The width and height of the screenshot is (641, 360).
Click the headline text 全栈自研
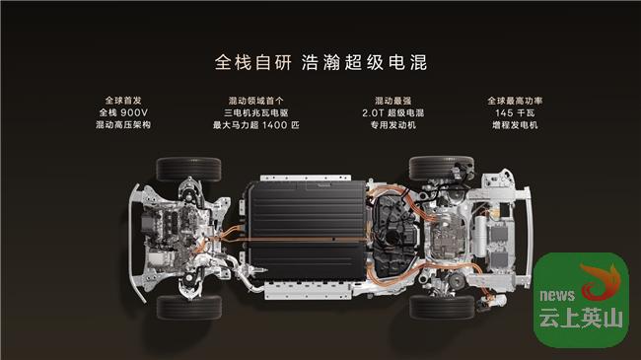point(253,62)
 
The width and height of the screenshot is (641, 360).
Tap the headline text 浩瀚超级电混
point(364,62)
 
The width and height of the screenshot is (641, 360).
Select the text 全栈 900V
point(123,112)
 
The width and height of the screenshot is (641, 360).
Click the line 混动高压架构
point(123,125)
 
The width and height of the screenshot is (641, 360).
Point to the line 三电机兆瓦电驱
point(256,112)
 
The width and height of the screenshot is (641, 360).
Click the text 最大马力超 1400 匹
point(256,125)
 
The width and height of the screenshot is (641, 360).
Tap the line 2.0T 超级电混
point(392,112)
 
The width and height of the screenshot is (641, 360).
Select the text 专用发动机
point(392,125)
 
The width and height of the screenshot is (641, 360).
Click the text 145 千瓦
point(515,112)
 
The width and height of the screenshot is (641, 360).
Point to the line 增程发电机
point(515,125)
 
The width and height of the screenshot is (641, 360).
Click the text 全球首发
point(123,101)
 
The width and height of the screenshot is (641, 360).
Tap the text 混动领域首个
point(256,101)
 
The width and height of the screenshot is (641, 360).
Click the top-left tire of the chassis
point(188,169)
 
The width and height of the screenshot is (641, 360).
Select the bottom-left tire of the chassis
point(189,307)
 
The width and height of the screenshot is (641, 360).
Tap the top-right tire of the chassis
point(441,168)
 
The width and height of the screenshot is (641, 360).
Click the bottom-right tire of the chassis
point(442,307)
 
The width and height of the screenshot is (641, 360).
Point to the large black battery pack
point(308,231)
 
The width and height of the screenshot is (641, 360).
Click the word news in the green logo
point(557,295)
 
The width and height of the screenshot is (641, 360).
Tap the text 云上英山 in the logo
point(581,318)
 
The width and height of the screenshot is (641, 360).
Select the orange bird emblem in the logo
point(602,282)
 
